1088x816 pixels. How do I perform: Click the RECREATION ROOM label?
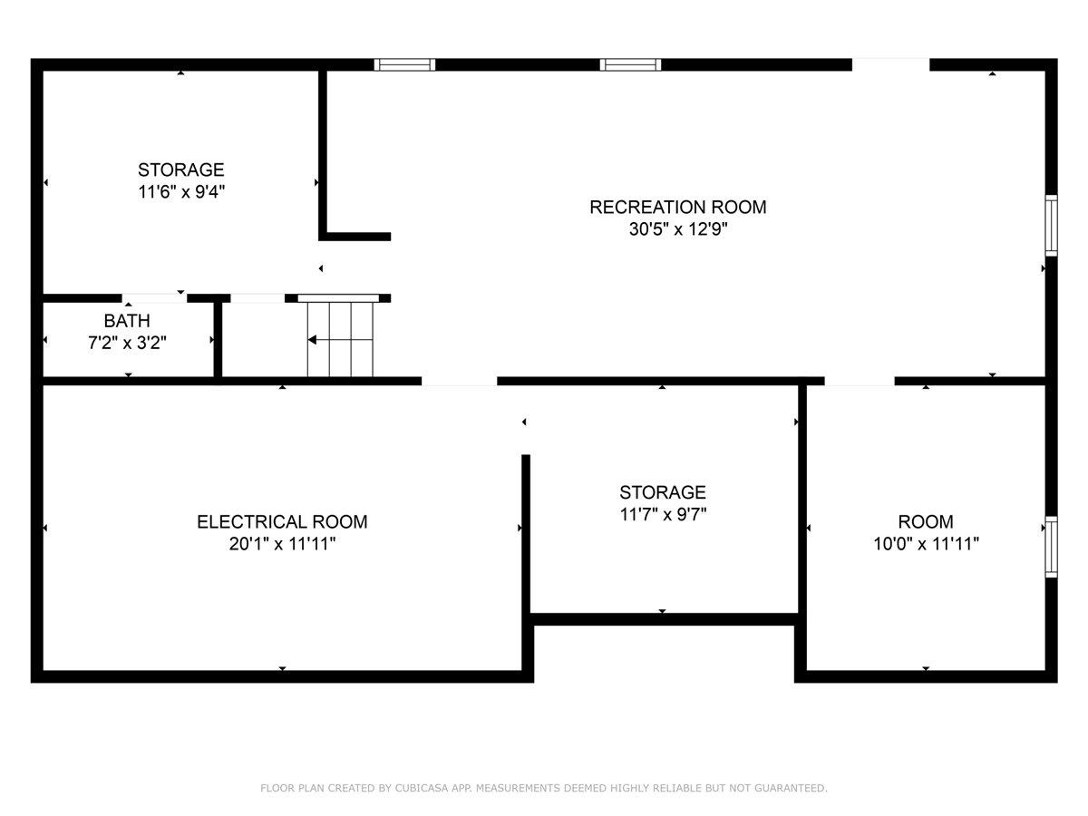677,207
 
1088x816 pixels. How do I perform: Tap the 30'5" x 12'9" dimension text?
677,230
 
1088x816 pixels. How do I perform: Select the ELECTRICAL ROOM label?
282,521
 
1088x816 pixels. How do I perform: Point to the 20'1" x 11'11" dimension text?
282,544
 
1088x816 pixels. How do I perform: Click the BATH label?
127,321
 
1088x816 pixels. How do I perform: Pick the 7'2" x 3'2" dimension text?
127,343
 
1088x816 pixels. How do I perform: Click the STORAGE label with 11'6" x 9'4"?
180,170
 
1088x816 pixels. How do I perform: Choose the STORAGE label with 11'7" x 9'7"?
662,492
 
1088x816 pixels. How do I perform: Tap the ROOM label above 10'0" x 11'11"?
925,521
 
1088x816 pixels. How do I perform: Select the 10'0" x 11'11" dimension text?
925,544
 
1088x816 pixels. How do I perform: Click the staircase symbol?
340,339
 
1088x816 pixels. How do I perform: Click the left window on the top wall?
404,64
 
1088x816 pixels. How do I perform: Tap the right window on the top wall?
630,64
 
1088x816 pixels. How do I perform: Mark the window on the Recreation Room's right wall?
1051,225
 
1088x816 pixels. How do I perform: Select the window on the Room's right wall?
1051,547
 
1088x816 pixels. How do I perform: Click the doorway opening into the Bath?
154,297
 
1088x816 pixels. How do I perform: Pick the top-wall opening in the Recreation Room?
890,64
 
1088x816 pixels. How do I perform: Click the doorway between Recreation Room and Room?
859,381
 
